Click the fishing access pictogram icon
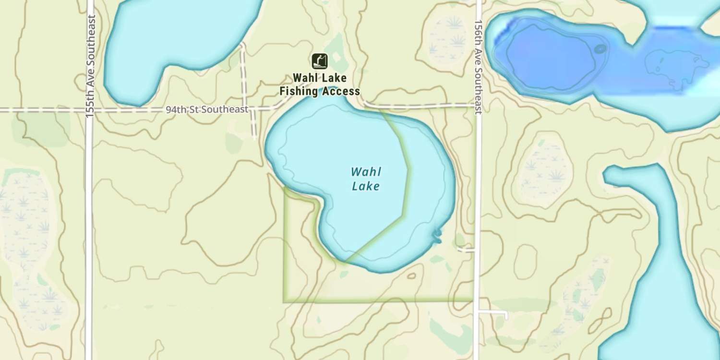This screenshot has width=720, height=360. pos(320,61)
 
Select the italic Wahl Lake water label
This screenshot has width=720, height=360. pos(366,179)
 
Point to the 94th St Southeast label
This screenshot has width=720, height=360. pos(207,109)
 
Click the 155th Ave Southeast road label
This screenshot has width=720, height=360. pos(90,66)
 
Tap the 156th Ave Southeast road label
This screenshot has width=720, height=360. pos(478,67)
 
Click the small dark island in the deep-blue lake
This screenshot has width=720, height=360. pos(600,48)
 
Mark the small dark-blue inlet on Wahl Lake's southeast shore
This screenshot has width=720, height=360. pos(437,235)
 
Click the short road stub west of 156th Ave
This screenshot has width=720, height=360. pos(466,250)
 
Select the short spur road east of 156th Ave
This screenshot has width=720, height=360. pos(494,313)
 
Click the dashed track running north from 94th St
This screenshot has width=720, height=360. pos(243,72)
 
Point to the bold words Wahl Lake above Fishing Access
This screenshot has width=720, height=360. pos(320,78)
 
